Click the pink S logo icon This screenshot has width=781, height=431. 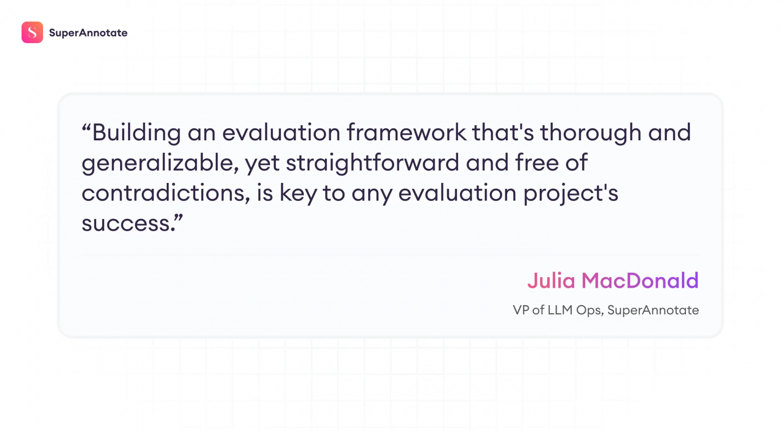point(32,33)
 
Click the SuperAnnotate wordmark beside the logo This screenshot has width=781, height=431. point(88,33)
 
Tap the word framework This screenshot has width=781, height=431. point(406,132)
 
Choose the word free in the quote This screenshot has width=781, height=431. point(537,163)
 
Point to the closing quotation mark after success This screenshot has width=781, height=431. point(179,218)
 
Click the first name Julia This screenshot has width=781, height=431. point(551,281)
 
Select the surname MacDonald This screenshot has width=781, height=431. point(640,281)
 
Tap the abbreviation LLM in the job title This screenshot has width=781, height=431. point(560,310)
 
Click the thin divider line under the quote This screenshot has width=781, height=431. point(390,256)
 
